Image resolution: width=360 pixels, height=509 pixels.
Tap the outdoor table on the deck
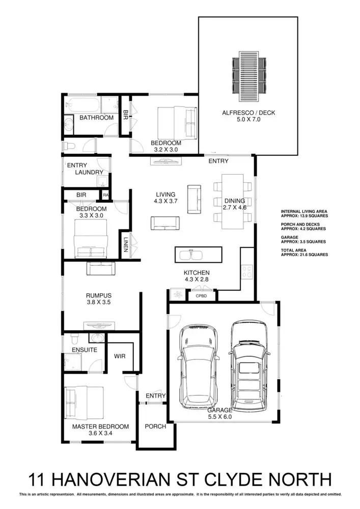pyautogui.click(x=249, y=72)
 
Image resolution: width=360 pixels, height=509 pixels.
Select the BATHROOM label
pyautogui.click(x=96, y=118)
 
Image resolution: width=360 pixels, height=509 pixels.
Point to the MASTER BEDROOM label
pyautogui.click(x=100, y=427)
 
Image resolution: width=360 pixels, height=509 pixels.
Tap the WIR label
pyautogui.click(x=120, y=356)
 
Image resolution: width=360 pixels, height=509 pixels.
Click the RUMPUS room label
pyautogui.click(x=98, y=295)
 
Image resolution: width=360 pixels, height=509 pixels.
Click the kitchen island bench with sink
pyautogui.click(x=198, y=253)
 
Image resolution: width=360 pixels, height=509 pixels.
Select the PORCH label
pyautogui.click(x=155, y=426)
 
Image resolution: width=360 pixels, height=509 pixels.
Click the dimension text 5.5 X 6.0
pyautogui.click(x=219, y=416)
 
